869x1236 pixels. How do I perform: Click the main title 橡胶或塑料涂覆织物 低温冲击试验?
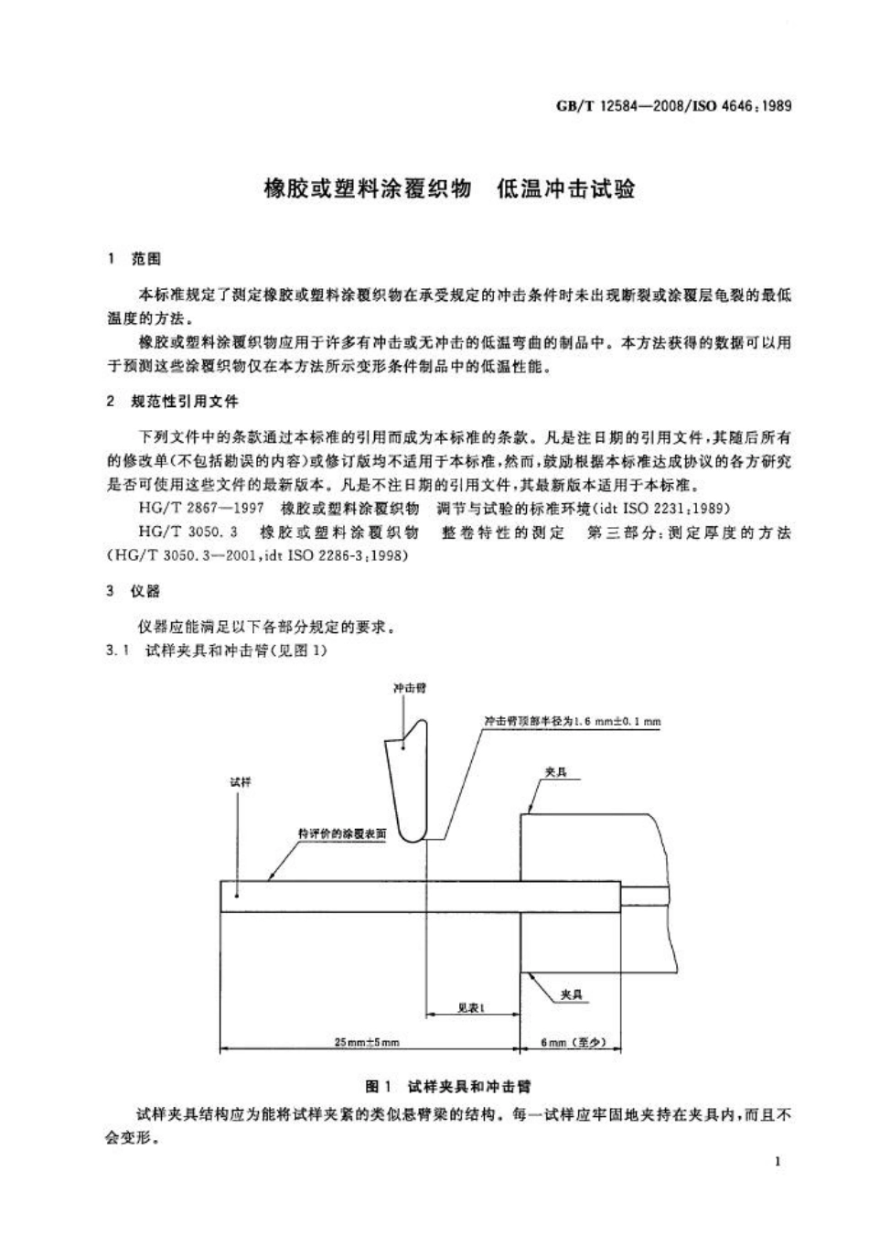click(x=448, y=190)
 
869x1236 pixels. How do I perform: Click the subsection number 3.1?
click(x=117, y=650)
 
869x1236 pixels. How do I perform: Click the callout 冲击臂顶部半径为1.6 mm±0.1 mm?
click(x=573, y=721)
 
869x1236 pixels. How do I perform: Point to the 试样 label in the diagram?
click(x=240, y=782)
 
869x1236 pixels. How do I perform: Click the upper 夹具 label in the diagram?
click(x=555, y=773)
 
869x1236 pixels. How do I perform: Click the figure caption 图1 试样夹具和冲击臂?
click(x=448, y=1086)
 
